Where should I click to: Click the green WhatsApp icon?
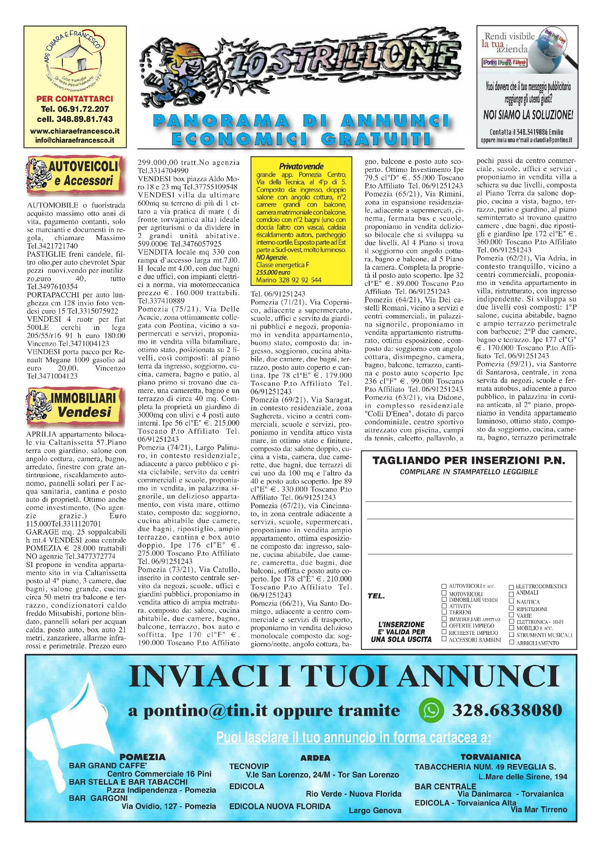[431, 710]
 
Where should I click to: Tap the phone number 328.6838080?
[507, 710]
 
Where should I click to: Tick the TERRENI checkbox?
[444, 612]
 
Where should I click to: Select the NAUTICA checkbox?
[512, 601]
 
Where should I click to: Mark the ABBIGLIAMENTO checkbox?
[512, 642]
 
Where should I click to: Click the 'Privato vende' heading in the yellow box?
[301, 166]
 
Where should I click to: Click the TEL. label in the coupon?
[376, 596]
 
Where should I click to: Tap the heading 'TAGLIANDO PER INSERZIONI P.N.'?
[468, 461]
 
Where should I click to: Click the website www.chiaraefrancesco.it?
[75, 131]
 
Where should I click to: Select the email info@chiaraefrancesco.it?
[75, 140]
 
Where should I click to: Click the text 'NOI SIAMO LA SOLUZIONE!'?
[528, 115]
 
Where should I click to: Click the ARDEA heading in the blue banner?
[315, 758]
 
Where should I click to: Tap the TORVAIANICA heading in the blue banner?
[491, 756]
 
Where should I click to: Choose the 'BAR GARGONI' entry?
[98, 798]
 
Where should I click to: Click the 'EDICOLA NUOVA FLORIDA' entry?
[280, 806]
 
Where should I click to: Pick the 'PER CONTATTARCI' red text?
[75, 99]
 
